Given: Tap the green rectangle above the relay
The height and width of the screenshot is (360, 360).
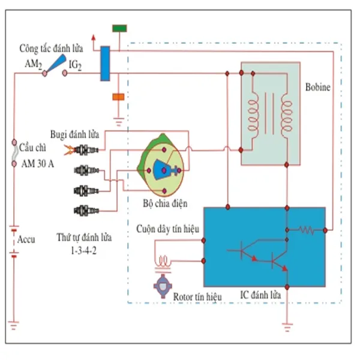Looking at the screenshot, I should click(119, 28).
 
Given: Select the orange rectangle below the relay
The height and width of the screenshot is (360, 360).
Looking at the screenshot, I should click(117, 96).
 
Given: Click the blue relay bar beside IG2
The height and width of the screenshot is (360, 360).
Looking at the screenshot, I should click(105, 62).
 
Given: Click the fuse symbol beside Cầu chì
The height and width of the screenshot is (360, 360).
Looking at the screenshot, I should click(14, 153).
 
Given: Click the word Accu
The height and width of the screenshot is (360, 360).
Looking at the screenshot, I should click(25, 239).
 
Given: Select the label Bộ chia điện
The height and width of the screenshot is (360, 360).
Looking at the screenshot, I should click(165, 203).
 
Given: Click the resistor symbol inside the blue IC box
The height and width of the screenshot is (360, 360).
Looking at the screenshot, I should click(306, 230).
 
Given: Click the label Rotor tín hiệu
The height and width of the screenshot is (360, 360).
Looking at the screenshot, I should click(197, 296).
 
